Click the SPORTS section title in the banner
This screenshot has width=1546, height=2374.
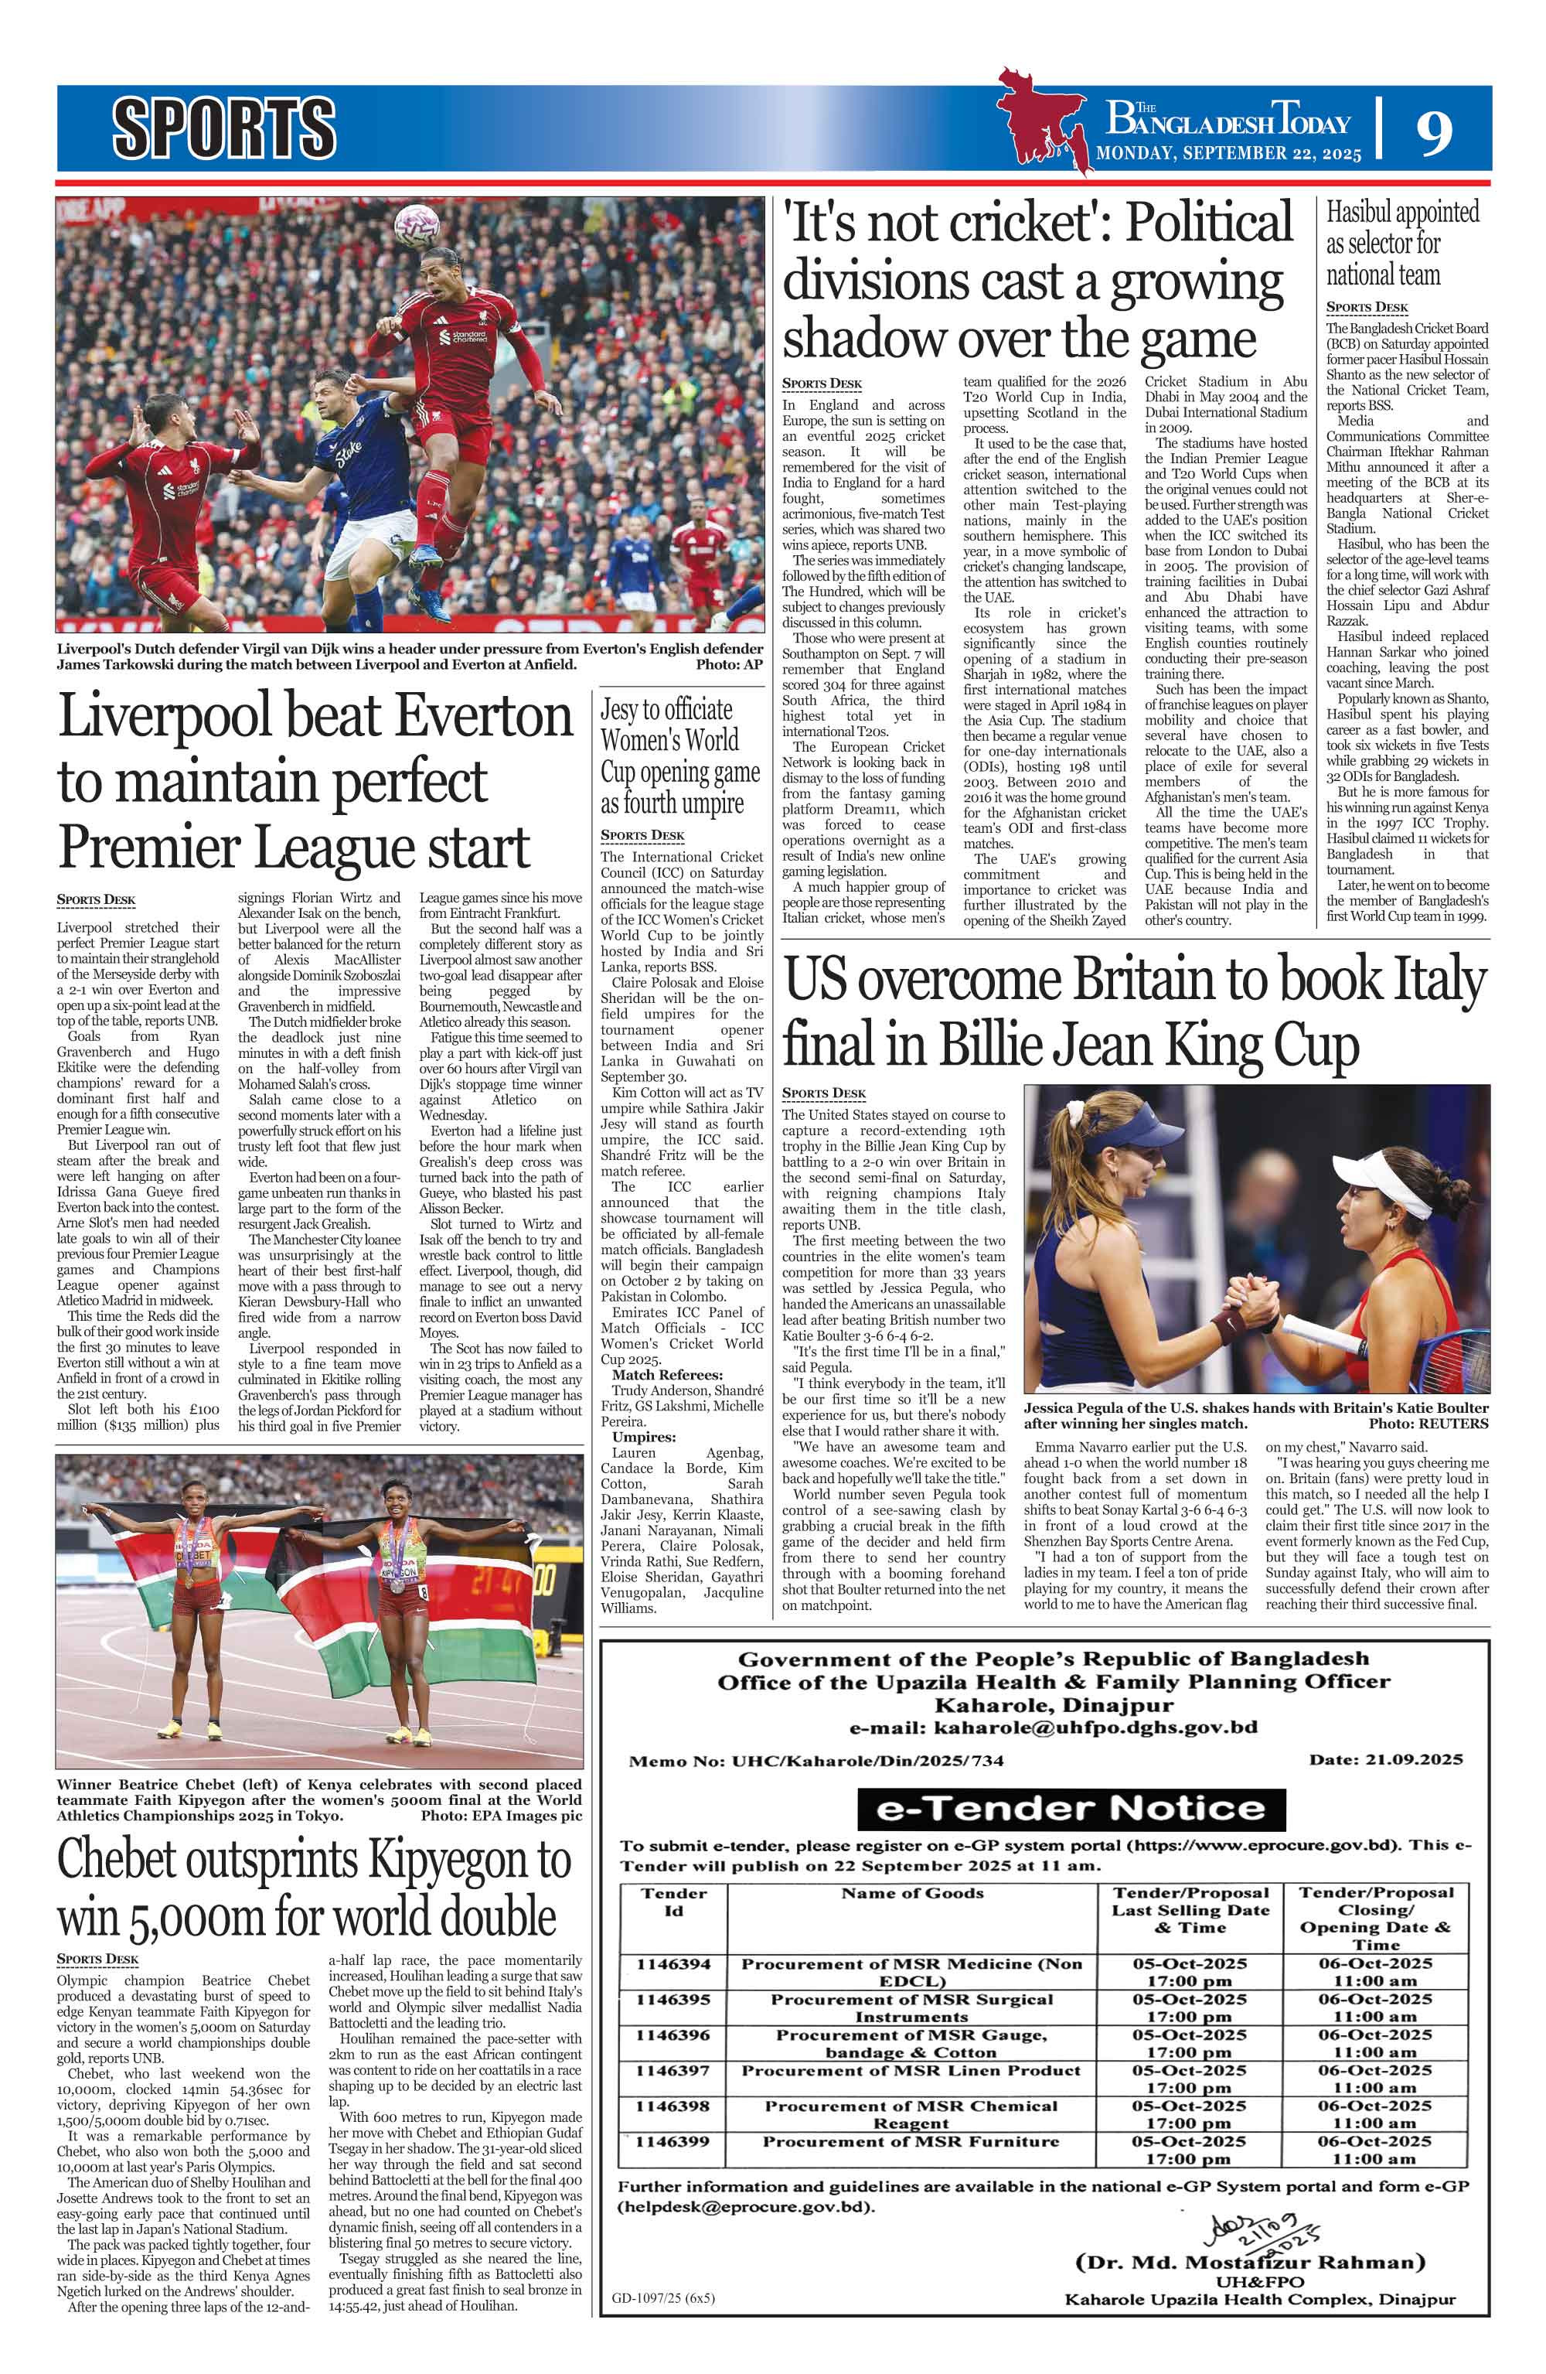[x=223, y=128]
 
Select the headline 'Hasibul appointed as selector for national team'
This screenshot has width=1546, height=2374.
[x=1402, y=242]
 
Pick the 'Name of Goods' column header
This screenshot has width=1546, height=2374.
[x=911, y=1892]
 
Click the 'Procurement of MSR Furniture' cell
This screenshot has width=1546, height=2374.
[x=911, y=2140]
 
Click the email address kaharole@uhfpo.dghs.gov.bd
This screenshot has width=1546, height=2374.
[x=1052, y=1727]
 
